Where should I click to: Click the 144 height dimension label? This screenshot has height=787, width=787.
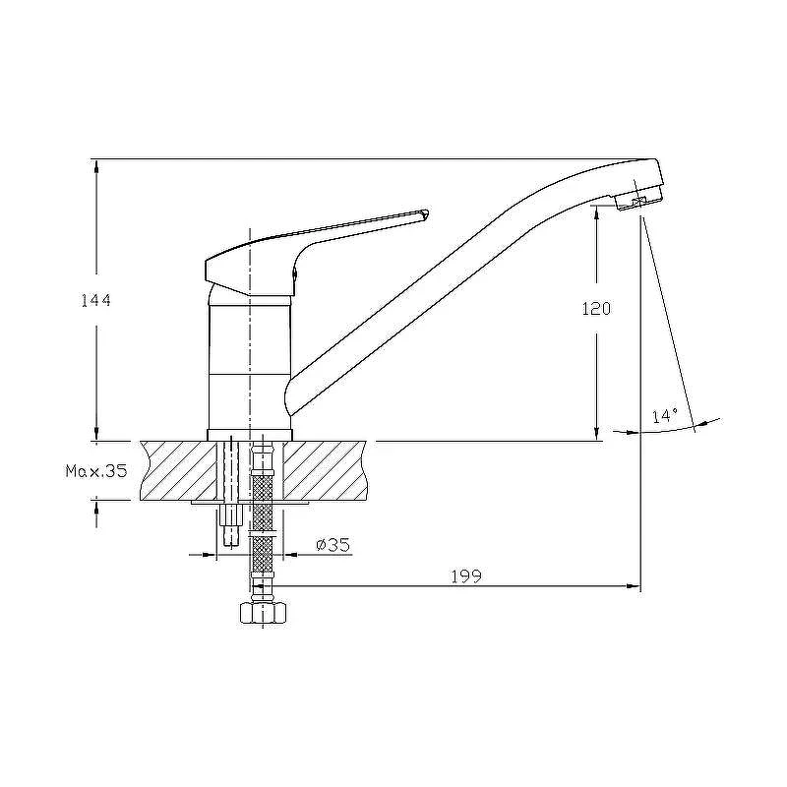95,300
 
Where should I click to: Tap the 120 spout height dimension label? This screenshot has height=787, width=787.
596,308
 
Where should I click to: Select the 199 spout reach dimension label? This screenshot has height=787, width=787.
466,576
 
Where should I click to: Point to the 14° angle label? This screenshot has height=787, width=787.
665,415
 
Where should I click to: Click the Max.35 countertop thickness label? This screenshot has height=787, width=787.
96,471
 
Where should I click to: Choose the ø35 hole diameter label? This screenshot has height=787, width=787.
333,545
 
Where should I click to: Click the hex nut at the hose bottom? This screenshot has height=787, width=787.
263,613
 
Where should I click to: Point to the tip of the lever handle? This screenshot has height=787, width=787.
427,212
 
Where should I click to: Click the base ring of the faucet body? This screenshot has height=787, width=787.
250,435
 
